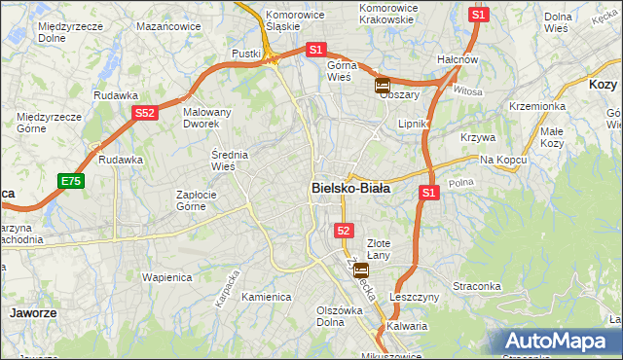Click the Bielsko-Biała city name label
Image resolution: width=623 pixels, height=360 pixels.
pyautogui.click(x=350, y=189)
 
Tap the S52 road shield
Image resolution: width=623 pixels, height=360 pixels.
pyautogui.click(x=144, y=113)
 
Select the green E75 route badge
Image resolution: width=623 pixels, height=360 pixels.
pyautogui.click(x=70, y=181)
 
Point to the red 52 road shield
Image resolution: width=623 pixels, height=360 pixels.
pyautogui.click(x=344, y=230)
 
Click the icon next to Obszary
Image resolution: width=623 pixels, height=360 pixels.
pyautogui.click(x=383, y=86)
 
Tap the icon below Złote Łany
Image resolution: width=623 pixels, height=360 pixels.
pyautogui.click(x=360, y=270)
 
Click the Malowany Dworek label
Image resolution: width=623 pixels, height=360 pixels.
pyautogui.click(x=207, y=118)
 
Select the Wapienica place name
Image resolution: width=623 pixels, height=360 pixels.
pyautogui.click(x=165, y=276)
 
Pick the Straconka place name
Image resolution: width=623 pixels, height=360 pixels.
pyautogui.click(x=503, y=286)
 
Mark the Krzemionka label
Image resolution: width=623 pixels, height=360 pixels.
pyautogui.click(x=536, y=105)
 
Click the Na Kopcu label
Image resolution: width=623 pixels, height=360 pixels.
pyautogui.click(x=502, y=159)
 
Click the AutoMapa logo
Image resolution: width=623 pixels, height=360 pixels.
pyautogui.click(x=561, y=341)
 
